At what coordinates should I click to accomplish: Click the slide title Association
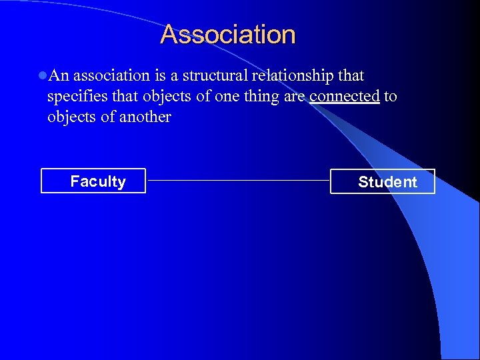(227, 35)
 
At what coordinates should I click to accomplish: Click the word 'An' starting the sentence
(59, 76)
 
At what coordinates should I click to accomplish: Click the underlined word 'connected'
(344, 97)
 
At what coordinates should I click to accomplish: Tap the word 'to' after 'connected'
(391, 97)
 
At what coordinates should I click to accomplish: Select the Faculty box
(93, 181)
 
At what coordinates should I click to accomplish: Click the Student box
(383, 181)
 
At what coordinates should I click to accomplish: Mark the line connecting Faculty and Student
(238, 180)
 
